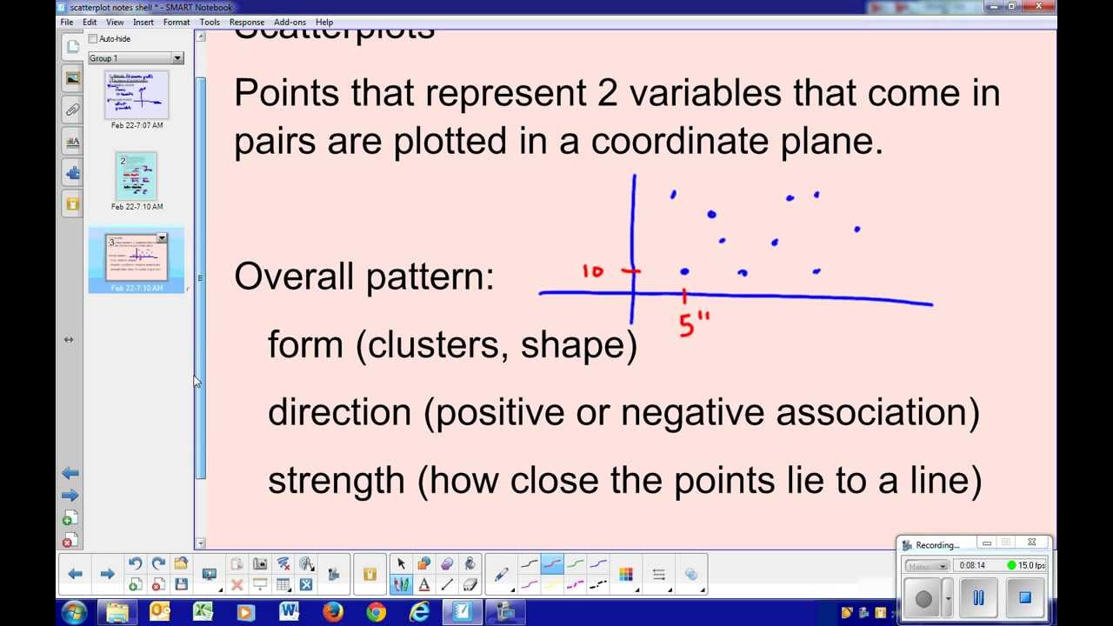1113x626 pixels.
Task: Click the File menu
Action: pyautogui.click(x=67, y=22)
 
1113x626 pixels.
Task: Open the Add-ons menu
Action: pyautogui.click(x=290, y=22)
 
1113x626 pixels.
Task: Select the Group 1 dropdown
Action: pyautogui.click(x=136, y=58)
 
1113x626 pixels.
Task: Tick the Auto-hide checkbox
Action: pyautogui.click(x=93, y=39)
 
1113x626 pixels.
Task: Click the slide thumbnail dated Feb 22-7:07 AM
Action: pyautogui.click(x=137, y=95)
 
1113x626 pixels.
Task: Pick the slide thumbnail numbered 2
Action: pyautogui.click(x=137, y=175)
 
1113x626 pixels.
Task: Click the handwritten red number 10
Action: pyautogui.click(x=592, y=271)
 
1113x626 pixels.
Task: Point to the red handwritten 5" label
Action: pyautogui.click(x=693, y=324)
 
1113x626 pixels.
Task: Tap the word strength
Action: pyautogui.click(x=336, y=480)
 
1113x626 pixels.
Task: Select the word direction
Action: pyautogui.click(x=339, y=412)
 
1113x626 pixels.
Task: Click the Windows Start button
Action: pyautogui.click(x=74, y=612)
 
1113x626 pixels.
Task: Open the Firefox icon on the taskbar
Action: pyautogui.click(x=333, y=612)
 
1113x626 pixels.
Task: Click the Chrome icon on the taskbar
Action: pyautogui.click(x=376, y=612)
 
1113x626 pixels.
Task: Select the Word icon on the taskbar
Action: pyautogui.click(x=290, y=612)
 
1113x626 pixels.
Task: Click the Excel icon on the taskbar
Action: pyautogui.click(x=203, y=612)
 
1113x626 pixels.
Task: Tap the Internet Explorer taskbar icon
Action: pyautogui.click(x=419, y=612)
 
